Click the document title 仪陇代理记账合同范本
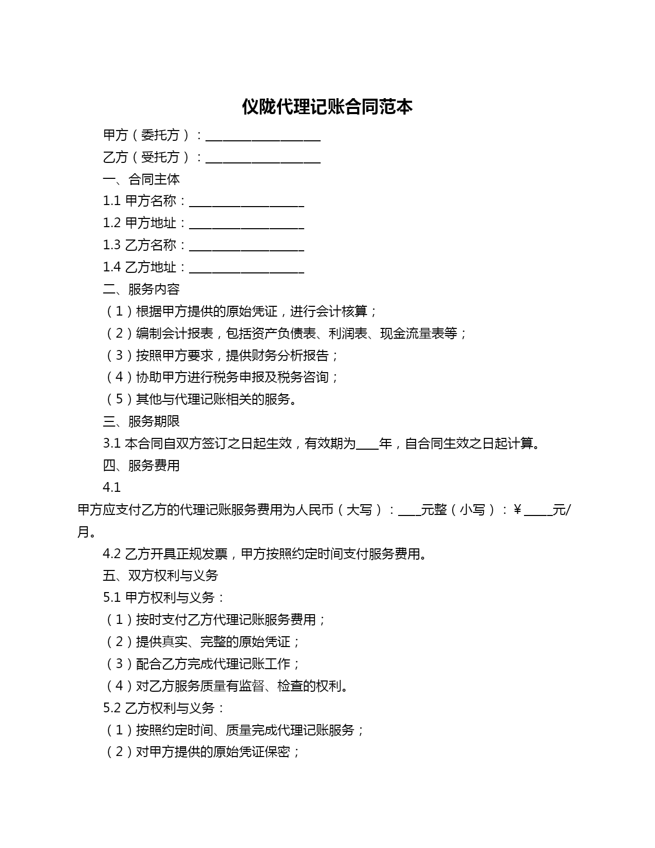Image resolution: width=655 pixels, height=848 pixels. pyautogui.click(x=327, y=107)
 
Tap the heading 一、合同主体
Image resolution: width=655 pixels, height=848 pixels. pyautogui.click(x=141, y=179)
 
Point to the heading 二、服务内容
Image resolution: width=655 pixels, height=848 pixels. pyautogui.click(x=141, y=289)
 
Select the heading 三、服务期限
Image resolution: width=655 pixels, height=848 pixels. pyautogui.click(x=141, y=421)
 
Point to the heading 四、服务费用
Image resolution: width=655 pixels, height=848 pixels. pyautogui.click(x=141, y=466)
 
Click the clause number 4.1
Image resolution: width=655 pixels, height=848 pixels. pyautogui.click(x=111, y=488)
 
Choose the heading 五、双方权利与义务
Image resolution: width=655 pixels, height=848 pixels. pyautogui.click(x=160, y=576)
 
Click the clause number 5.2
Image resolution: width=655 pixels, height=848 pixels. pyautogui.click(x=111, y=708)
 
